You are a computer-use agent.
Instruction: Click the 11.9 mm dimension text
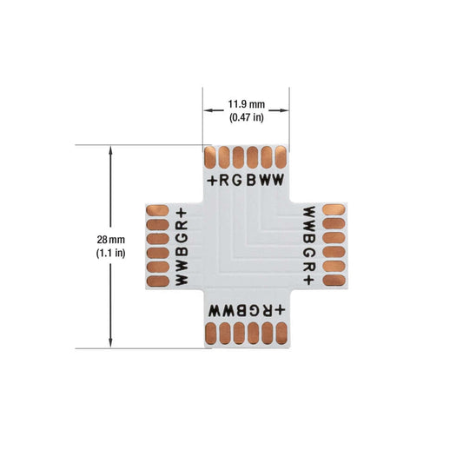tap(246, 104)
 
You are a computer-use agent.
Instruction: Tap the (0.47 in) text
tap(247, 117)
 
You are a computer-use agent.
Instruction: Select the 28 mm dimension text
tap(110, 240)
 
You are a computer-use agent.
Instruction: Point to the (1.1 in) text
tap(110, 253)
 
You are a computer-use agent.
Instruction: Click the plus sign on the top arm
tap(212, 181)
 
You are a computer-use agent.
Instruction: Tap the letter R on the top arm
tap(224, 180)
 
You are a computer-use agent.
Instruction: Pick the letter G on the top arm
tap(237, 180)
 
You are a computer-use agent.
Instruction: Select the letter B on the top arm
tap(251, 180)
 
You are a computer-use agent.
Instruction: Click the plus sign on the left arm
tap(182, 213)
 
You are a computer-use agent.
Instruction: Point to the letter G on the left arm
tap(182, 238)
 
